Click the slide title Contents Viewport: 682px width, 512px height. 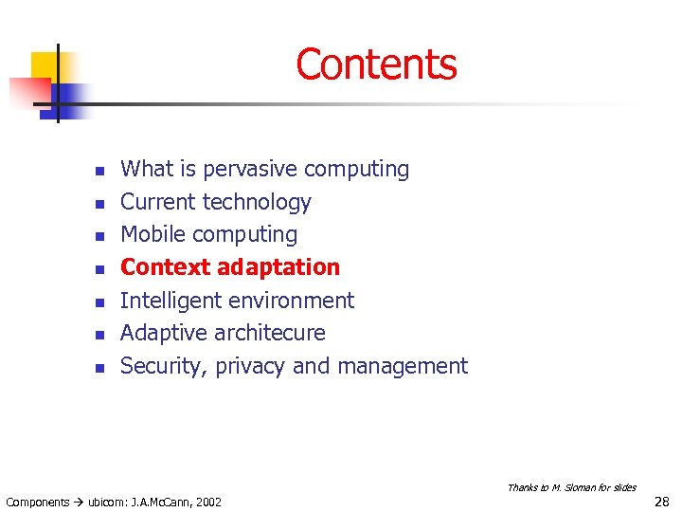click(376, 64)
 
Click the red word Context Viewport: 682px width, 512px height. click(165, 267)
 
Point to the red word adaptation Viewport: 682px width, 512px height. click(278, 267)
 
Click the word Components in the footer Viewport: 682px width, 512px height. click(37, 502)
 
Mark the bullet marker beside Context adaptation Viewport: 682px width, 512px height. click(97, 269)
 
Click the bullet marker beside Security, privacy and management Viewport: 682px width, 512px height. click(97, 368)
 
